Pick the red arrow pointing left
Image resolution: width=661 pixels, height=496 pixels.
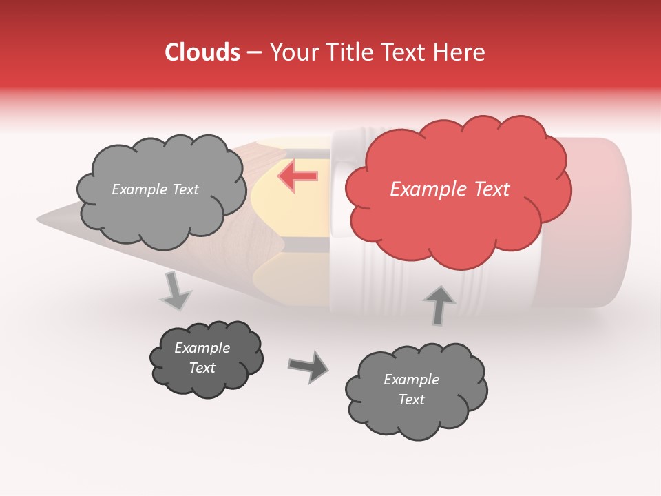point(298,176)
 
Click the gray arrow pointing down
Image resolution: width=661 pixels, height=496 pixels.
point(176,291)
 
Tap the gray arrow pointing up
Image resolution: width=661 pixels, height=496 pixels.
point(439,304)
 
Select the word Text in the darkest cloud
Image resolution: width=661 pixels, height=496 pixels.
point(202,368)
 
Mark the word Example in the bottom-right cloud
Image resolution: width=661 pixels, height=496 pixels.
point(411,380)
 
